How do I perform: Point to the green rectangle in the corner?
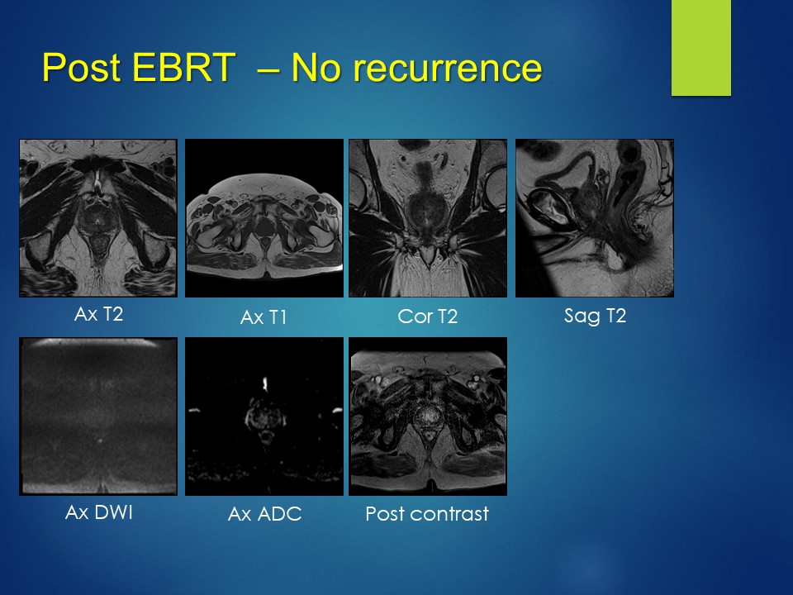pos(701,48)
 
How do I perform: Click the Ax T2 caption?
pos(98,314)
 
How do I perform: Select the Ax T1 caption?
pos(264,317)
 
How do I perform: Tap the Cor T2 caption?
pos(427,317)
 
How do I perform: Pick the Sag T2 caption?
pos(595,317)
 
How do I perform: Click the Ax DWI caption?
pos(98,512)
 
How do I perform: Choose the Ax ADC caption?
pos(264,514)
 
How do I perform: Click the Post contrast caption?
pos(427,514)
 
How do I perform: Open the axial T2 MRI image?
pos(98,218)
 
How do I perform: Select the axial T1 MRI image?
pos(264,218)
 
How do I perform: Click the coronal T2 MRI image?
pos(428,218)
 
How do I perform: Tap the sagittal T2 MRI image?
pos(595,218)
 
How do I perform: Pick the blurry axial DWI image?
pos(98,416)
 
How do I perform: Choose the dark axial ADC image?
pos(264,416)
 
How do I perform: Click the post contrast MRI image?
pos(428,416)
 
